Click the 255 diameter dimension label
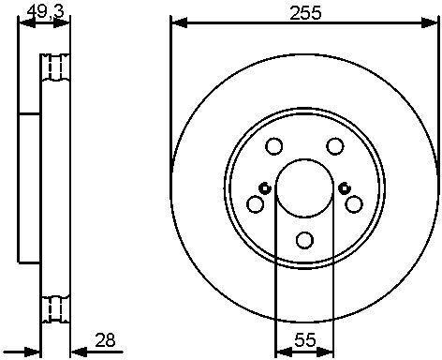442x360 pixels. coord(305,13)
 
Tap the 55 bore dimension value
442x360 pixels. coord(305,339)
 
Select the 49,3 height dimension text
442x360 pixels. coord(45,12)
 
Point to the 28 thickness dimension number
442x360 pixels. coord(105,340)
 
